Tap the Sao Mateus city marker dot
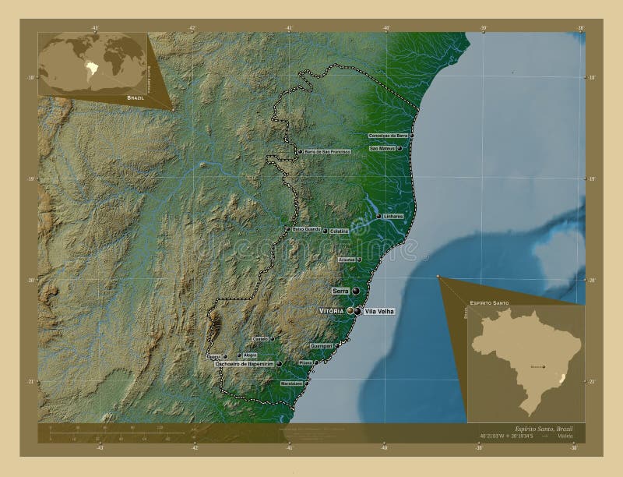point(399,148)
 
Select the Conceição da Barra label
point(389,136)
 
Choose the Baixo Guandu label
point(306,229)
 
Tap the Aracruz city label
point(347,260)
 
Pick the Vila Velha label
point(379,311)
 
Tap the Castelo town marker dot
point(272,339)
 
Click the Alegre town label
point(249,355)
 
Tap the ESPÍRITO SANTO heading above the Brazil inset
point(490,301)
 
